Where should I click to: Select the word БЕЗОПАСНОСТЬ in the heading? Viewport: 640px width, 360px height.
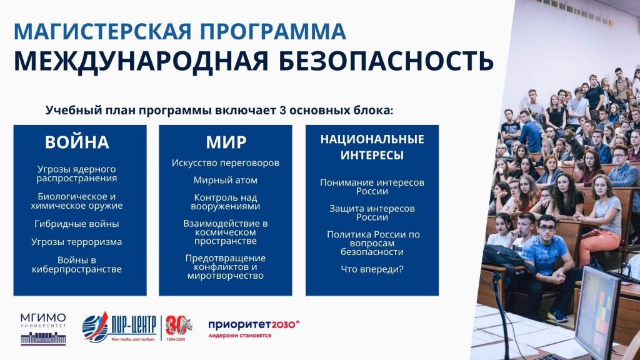pyautogui.click(x=386, y=61)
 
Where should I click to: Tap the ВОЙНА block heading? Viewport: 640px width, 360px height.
pyautogui.click(x=77, y=142)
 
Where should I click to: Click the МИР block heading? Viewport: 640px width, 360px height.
pyautogui.click(x=226, y=142)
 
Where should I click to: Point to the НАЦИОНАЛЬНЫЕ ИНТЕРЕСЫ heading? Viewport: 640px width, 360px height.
pyautogui.click(x=372, y=147)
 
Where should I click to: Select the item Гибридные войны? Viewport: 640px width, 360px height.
pyautogui.click(x=77, y=224)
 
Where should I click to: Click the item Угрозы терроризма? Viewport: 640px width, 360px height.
pyautogui.click(x=77, y=242)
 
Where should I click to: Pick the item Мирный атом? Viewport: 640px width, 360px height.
pyautogui.click(x=225, y=180)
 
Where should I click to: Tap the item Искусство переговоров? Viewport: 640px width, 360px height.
pyautogui.click(x=225, y=163)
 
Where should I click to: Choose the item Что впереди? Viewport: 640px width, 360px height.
pyautogui.click(x=372, y=269)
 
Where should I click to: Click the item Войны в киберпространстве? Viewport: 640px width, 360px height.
pyautogui.click(x=77, y=264)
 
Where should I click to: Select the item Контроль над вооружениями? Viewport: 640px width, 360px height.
pyautogui.click(x=225, y=202)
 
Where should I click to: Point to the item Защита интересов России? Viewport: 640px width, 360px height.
pyautogui.click(x=372, y=212)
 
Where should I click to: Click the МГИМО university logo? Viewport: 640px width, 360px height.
pyautogui.click(x=43, y=329)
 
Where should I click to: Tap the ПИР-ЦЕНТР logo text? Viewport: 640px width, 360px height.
pyautogui.click(x=134, y=325)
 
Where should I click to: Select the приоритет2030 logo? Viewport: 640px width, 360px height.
pyautogui.click(x=254, y=329)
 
